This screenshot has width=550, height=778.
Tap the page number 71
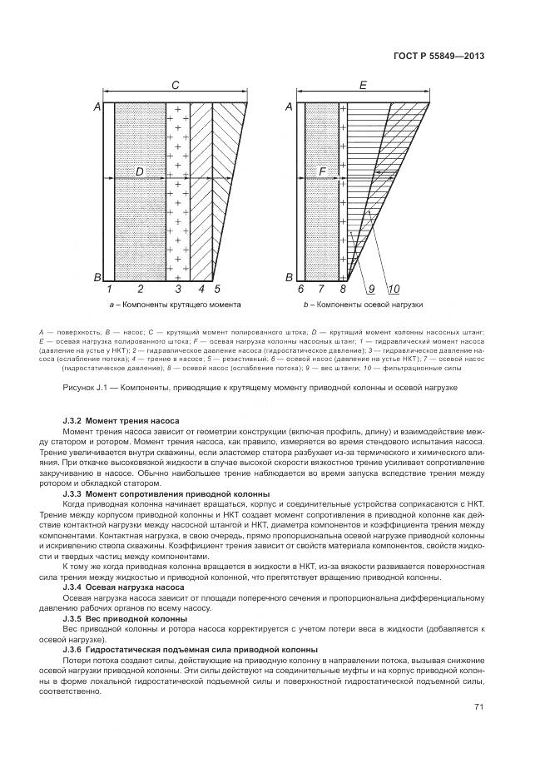pos(479,707)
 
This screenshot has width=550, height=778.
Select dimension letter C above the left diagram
pos(175,85)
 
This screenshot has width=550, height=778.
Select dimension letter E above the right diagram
pos(363,85)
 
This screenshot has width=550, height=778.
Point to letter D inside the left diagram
pos(139,172)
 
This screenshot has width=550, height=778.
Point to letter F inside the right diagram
pos(323,172)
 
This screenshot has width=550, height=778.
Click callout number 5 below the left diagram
pos(217,289)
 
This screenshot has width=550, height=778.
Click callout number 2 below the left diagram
pos(140,289)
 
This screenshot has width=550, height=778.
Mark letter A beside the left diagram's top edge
pos(97,107)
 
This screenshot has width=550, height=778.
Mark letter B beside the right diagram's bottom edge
pos(289,277)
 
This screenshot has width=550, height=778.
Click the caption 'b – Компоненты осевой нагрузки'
pos(363,305)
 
